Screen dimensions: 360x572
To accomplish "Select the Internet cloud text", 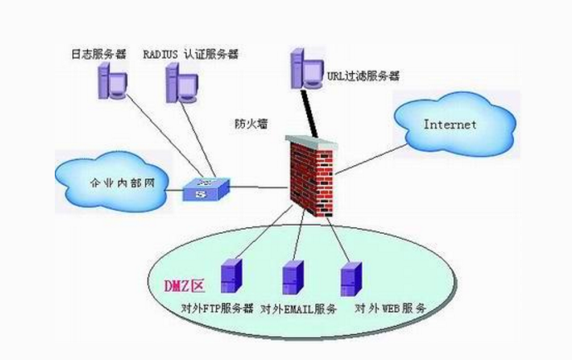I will [450, 125].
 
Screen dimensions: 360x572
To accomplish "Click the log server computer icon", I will [110, 80].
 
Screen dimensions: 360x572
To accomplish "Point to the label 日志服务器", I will [99, 54].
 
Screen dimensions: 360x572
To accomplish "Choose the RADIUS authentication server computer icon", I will [181, 80].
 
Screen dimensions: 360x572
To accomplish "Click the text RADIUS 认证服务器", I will [190, 54].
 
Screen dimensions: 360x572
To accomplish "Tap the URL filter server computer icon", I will [301, 67].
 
